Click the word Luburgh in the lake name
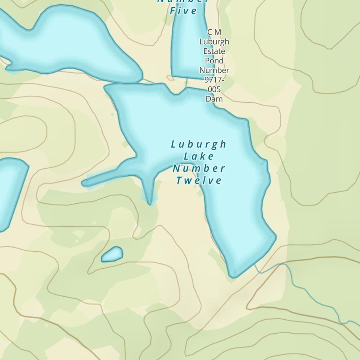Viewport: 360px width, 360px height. [x=199, y=145]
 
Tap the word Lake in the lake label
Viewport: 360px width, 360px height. [x=199, y=157]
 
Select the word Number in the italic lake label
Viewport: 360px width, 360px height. [x=199, y=168]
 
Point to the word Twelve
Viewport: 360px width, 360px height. [x=199, y=180]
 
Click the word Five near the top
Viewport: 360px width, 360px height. [x=184, y=11]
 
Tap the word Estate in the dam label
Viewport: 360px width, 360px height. [x=214, y=51]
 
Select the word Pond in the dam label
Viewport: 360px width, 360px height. [x=214, y=60]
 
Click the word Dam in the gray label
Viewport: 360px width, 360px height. [x=214, y=99]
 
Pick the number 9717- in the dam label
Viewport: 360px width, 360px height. [x=214, y=80]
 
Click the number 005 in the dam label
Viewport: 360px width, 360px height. [x=214, y=89]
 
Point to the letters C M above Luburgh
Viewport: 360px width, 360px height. [x=214, y=32]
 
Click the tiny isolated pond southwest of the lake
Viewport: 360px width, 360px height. [x=112, y=255]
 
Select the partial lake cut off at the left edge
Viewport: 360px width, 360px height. [x=11, y=191]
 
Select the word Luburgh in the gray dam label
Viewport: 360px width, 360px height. [x=214, y=42]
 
